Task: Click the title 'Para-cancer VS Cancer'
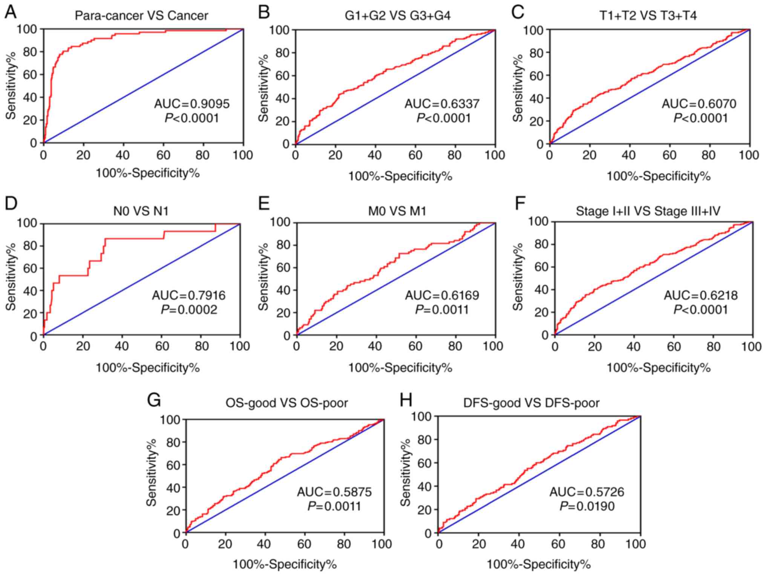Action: [141, 16]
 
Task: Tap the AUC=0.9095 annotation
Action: [191, 104]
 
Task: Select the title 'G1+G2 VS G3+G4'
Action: [398, 16]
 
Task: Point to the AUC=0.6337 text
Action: [442, 104]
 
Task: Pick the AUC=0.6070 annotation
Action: [699, 104]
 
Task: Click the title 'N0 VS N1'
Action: [141, 211]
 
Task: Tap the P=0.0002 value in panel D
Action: [189, 310]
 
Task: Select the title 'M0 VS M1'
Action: [397, 211]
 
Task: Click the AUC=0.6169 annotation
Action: [442, 295]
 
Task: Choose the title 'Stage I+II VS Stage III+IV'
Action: [648, 211]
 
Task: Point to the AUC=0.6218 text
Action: [700, 295]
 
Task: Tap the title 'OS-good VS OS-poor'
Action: [286, 403]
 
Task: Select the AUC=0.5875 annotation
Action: [334, 492]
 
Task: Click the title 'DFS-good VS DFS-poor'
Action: [531, 403]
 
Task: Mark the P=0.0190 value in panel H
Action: [587, 506]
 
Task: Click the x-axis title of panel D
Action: [147, 367]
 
